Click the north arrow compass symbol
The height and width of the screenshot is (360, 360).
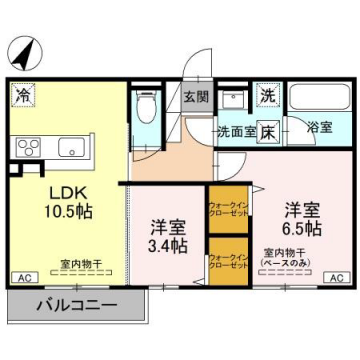coord(31,49)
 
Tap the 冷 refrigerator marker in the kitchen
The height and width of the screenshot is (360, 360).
coord(22,96)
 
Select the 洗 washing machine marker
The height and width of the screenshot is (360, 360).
coord(267,96)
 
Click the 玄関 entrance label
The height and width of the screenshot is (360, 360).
coord(196,97)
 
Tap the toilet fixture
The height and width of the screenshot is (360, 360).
coord(145,107)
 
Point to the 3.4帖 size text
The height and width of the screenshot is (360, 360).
coord(165,244)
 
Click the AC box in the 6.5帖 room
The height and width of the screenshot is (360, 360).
coord(336,277)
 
